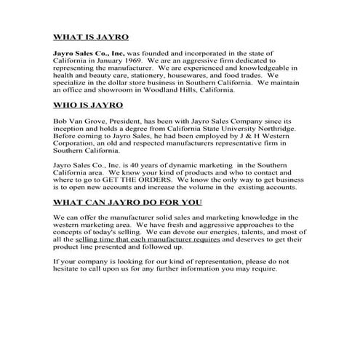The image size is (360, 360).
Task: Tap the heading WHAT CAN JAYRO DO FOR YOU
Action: (x=128, y=201)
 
